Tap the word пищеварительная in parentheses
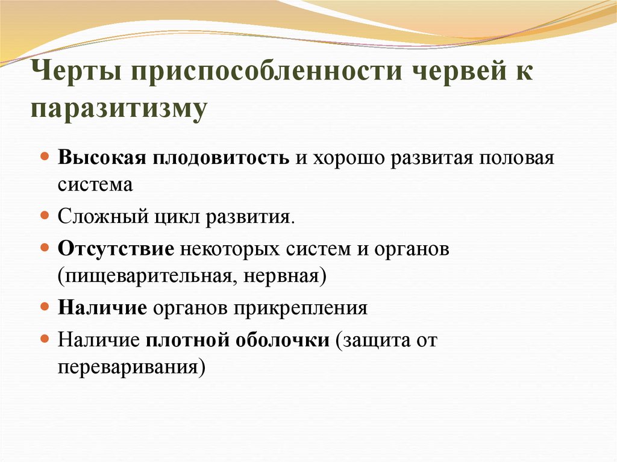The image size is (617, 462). click(142, 276)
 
